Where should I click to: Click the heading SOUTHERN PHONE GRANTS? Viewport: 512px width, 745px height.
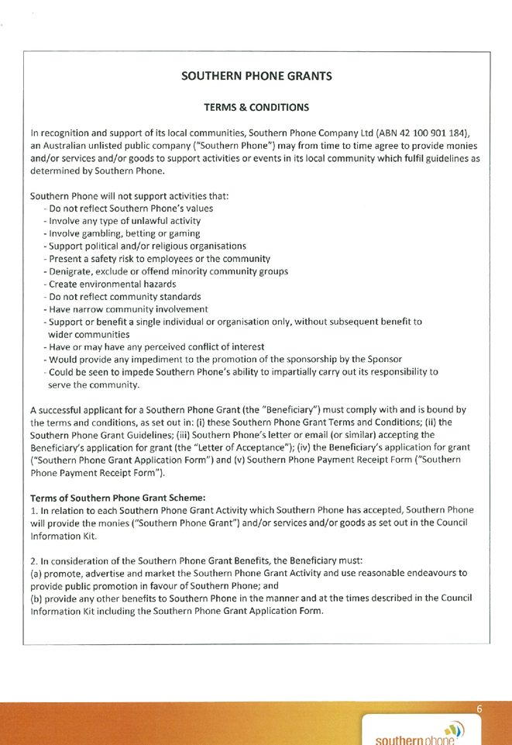pos(256,76)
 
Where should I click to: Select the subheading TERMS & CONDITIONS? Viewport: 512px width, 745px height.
pos(256,108)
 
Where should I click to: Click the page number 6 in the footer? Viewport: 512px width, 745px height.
pos(479,709)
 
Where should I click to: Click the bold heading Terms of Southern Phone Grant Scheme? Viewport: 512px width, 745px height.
pos(118,498)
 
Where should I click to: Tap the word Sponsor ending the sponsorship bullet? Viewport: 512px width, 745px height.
pos(386,359)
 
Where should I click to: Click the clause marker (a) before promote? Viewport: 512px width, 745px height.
pos(36,573)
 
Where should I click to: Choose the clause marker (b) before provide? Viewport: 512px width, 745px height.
pos(36,598)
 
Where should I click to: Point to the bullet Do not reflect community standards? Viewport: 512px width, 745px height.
pos(125,297)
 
